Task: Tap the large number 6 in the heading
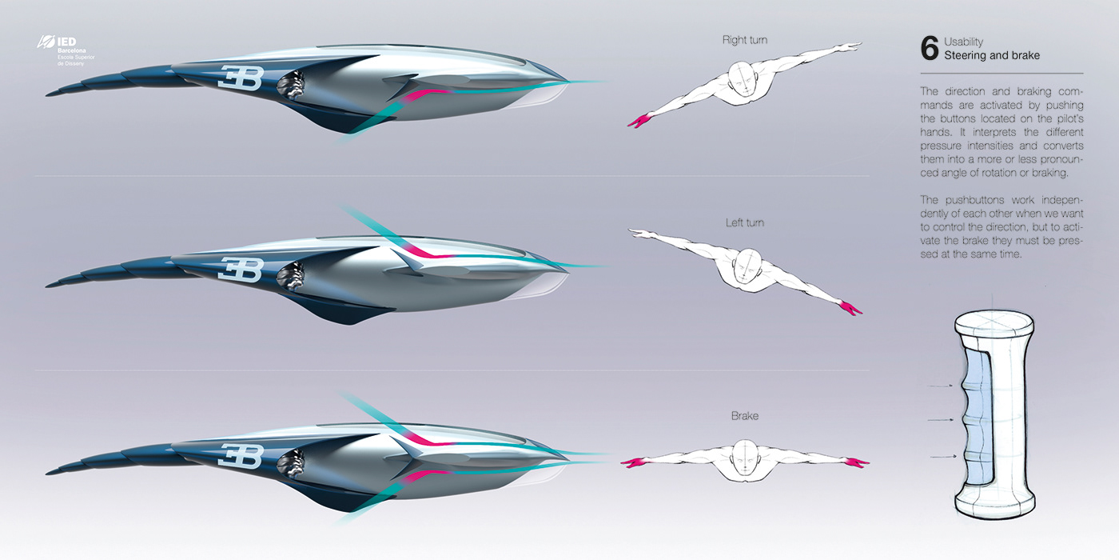click(930, 49)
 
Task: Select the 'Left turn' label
click(744, 222)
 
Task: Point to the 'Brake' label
click(744, 416)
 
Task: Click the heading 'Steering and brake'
click(991, 56)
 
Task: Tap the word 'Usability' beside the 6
click(963, 42)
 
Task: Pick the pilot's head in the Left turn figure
click(747, 265)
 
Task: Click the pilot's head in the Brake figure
click(745, 454)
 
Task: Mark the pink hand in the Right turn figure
click(639, 121)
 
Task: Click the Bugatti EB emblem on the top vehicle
click(241, 78)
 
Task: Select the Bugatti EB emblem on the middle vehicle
click(241, 270)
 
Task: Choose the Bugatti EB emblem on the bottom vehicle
click(241, 456)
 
